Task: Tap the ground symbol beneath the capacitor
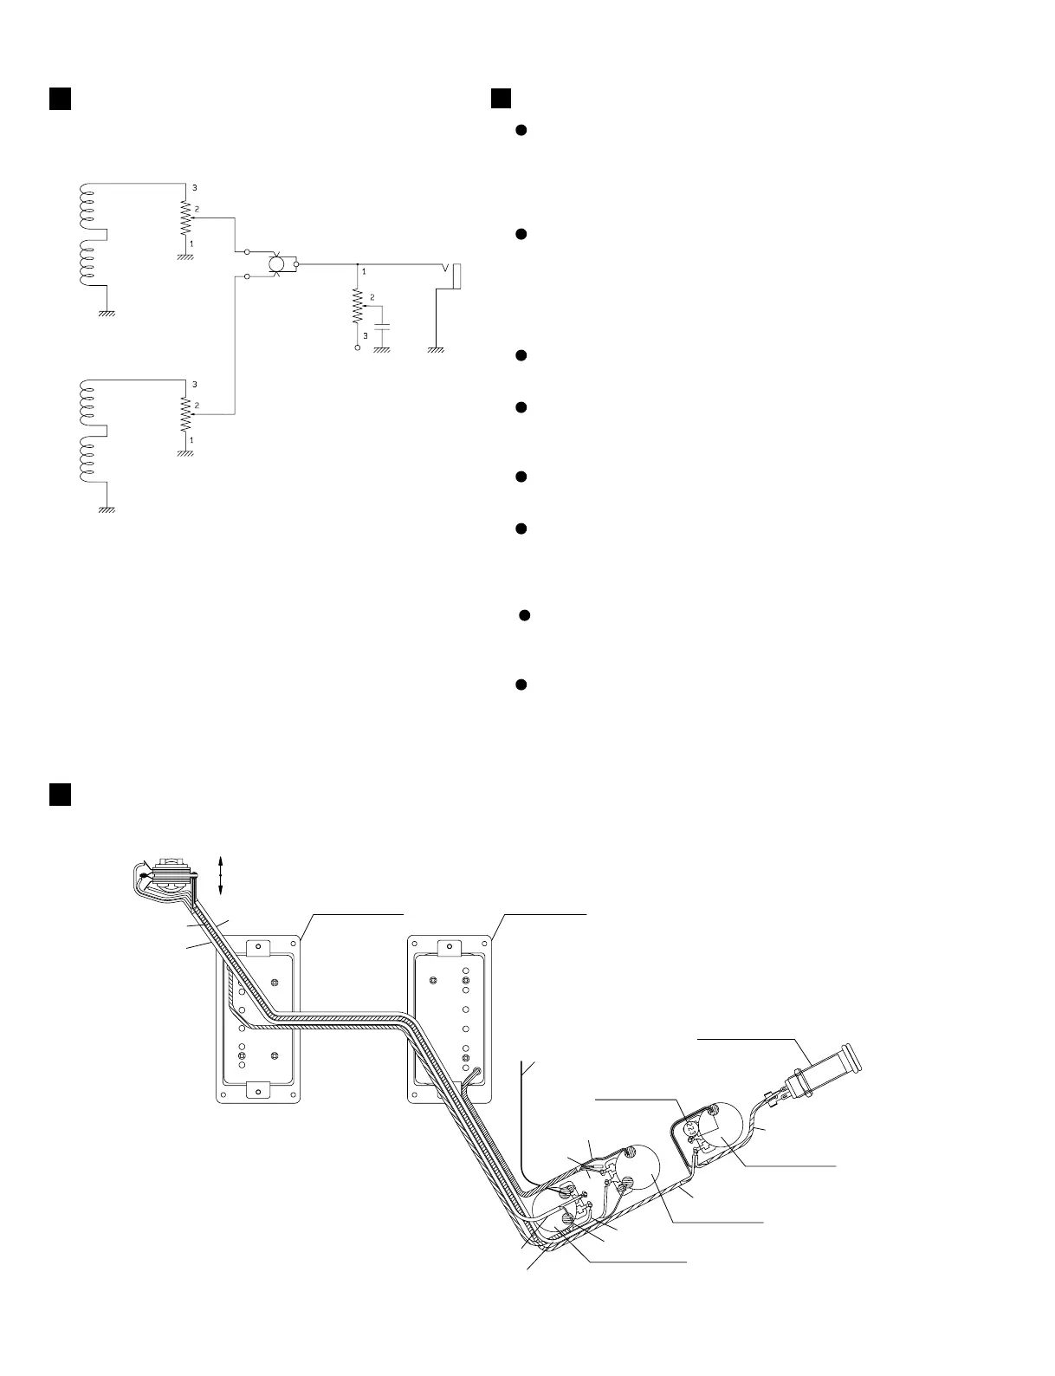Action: click(x=381, y=349)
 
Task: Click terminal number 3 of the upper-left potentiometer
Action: click(x=194, y=187)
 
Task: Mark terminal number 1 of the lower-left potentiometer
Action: click(x=191, y=440)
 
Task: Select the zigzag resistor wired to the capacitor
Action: click(x=357, y=306)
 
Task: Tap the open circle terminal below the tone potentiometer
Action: click(x=357, y=347)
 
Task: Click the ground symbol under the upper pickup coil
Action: click(x=107, y=314)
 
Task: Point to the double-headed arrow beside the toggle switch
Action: click(x=220, y=875)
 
